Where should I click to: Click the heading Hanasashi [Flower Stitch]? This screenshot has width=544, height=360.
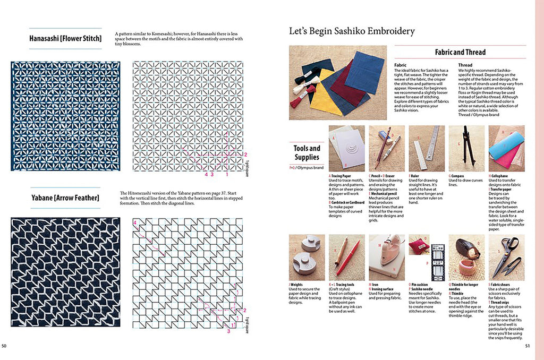click(65, 39)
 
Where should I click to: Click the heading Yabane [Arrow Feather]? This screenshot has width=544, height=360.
click(65, 198)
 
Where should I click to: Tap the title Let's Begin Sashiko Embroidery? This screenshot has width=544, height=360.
click(352, 31)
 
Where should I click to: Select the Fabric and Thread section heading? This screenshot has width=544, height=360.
click(460, 52)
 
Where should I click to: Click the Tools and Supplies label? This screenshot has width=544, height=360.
click(307, 152)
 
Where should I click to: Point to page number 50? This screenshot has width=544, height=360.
click(4, 347)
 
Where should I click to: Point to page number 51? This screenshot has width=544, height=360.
click(528, 347)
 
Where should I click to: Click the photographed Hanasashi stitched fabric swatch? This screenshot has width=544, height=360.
click(65, 116)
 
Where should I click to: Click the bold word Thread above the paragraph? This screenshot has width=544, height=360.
click(465, 65)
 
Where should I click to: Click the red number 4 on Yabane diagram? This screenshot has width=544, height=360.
click(135, 222)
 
